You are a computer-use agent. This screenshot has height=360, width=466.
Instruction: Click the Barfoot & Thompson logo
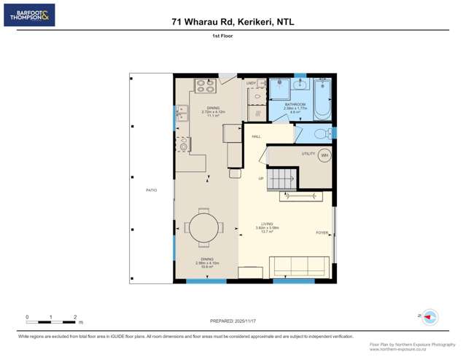pyautogui.click(x=29, y=15)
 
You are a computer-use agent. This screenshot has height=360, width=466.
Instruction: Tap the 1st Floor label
pyautogui.click(x=233, y=35)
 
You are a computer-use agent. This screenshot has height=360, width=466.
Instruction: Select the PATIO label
pyautogui.click(x=151, y=190)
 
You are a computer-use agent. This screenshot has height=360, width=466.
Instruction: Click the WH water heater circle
pyautogui.click(x=325, y=155)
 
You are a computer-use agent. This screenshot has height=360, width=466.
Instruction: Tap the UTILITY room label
pyautogui.click(x=308, y=154)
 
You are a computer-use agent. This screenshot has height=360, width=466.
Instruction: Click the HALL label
pyautogui.click(x=257, y=136)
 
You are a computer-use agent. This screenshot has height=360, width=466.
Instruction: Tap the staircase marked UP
pyautogui.click(x=281, y=177)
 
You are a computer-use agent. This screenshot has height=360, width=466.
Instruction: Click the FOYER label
pyautogui.click(x=322, y=233)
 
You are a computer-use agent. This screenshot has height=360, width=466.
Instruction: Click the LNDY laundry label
pyautogui.click(x=251, y=83)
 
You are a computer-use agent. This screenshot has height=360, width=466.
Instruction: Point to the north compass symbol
pyautogui.click(x=430, y=316)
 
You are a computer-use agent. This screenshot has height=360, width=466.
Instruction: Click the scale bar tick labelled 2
pyautogui.click(x=75, y=318)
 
